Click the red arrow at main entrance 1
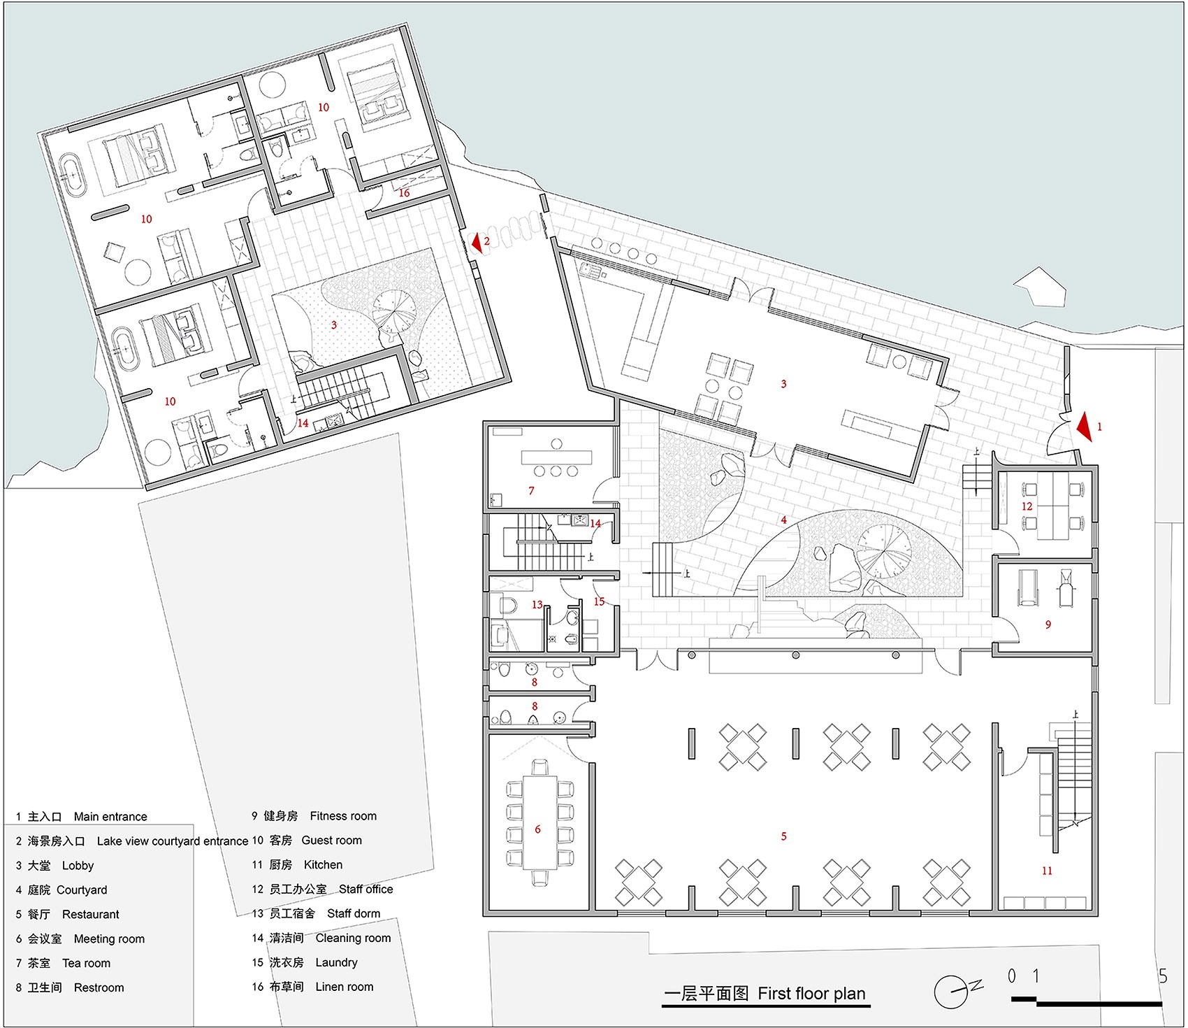(1085, 427)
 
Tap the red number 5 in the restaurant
(783, 836)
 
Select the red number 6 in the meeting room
(537, 829)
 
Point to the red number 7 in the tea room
(531, 491)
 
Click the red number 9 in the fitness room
(1048, 624)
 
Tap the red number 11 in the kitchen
(1047, 871)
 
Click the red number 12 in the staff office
(1027, 506)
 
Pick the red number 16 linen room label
(404, 193)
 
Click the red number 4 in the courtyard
(783, 520)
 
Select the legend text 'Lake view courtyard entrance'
(172, 841)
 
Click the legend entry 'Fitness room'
(342, 816)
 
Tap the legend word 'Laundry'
(336, 962)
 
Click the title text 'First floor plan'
(811, 994)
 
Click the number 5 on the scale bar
(1162, 976)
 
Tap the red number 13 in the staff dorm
(537, 605)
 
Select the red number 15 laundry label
(599, 601)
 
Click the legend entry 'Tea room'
(86, 963)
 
